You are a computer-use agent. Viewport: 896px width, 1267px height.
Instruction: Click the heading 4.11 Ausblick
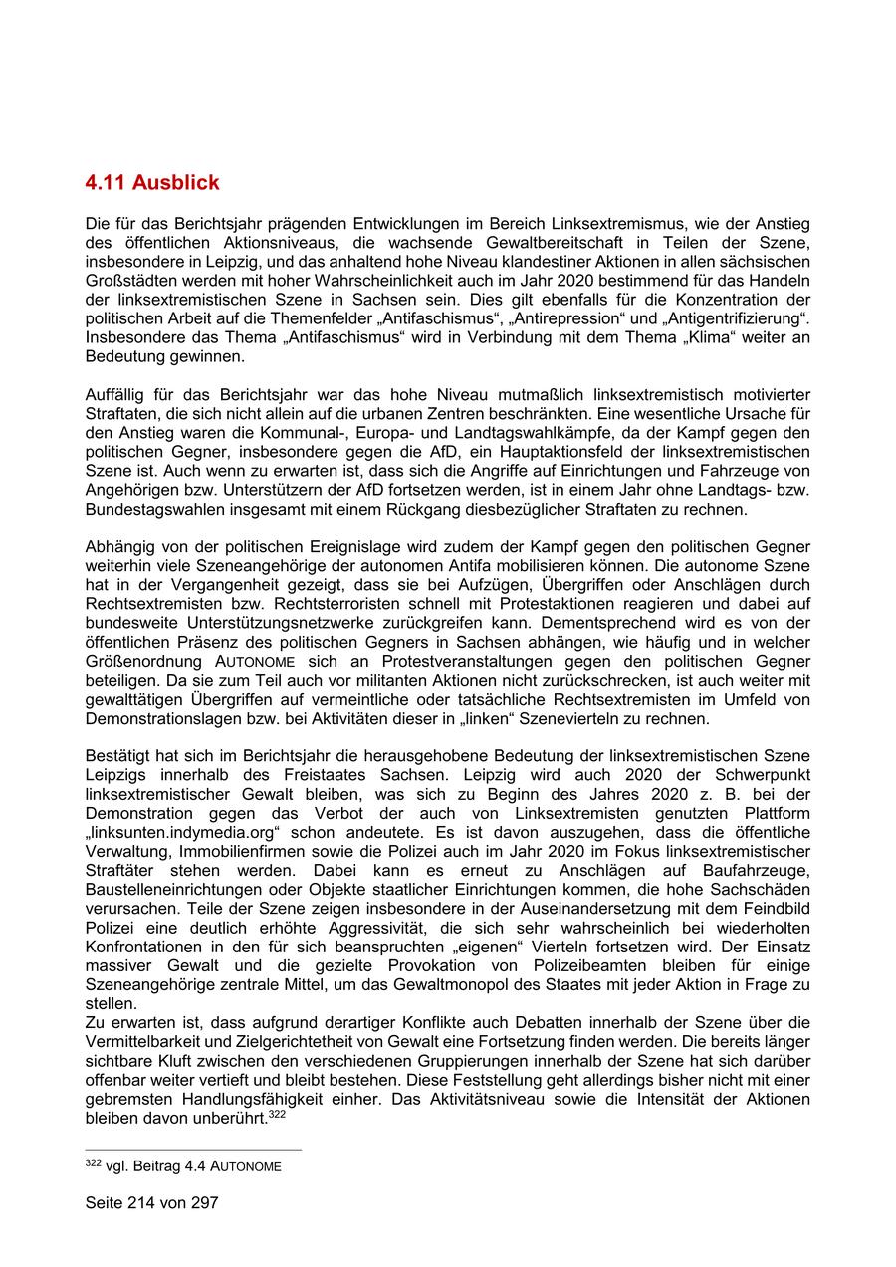coord(152,183)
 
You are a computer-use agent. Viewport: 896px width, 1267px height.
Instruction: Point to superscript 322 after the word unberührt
coord(277,1114)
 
